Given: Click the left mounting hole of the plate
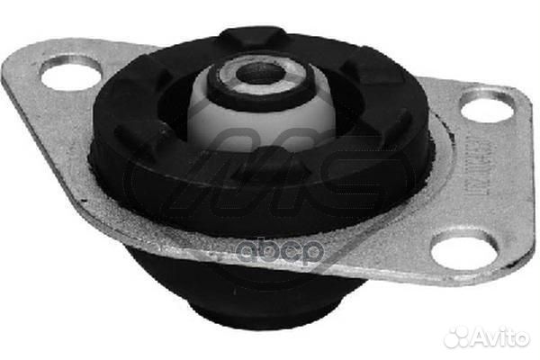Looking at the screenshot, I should (69, 72).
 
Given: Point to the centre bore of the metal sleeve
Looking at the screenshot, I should (260, 75).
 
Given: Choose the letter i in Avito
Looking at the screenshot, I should (504, 337).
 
